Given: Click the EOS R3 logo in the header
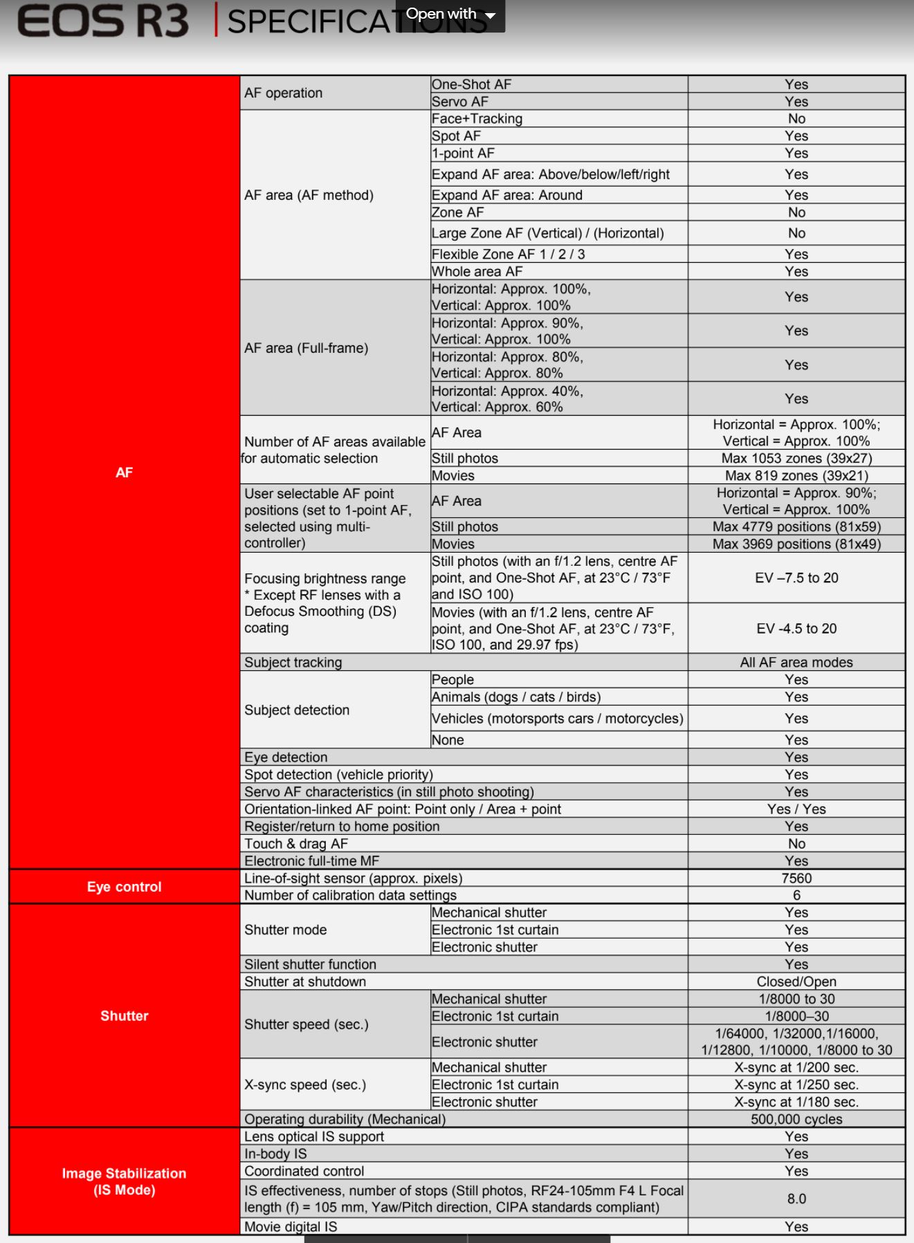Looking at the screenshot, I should tap(102, 21).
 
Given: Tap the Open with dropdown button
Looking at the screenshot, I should tap(450, 15).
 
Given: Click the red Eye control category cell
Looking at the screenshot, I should tap(125, 887).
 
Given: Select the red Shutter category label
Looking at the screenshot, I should tap(125, 1015).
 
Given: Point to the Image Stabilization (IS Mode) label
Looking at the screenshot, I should tap(125, 1181).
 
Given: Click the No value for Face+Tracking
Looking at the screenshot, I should tap(796, 119).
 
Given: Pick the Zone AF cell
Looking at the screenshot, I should tap(458, 212).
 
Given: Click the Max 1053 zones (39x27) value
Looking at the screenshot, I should tap(796, 459).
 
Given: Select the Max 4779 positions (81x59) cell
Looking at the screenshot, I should tap(796, 526).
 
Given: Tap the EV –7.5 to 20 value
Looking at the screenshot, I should tap(796, 578).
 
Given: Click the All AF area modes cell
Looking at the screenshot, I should tap(796, 663).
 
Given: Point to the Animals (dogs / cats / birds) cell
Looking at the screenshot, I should tap(516, 697).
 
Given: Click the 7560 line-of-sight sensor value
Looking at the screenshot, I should tap(796, 878).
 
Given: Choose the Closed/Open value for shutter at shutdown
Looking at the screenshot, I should tap(796, 982).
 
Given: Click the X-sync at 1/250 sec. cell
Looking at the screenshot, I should tap(796, 1085).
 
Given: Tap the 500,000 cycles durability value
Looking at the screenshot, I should tap(796, 1119).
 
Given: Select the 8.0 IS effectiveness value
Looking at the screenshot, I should tap(796, 1199).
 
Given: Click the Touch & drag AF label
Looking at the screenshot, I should tap(296, 844).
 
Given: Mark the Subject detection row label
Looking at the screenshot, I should tap(297, 710).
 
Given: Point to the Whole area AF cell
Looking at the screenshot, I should tap(477, 272).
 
